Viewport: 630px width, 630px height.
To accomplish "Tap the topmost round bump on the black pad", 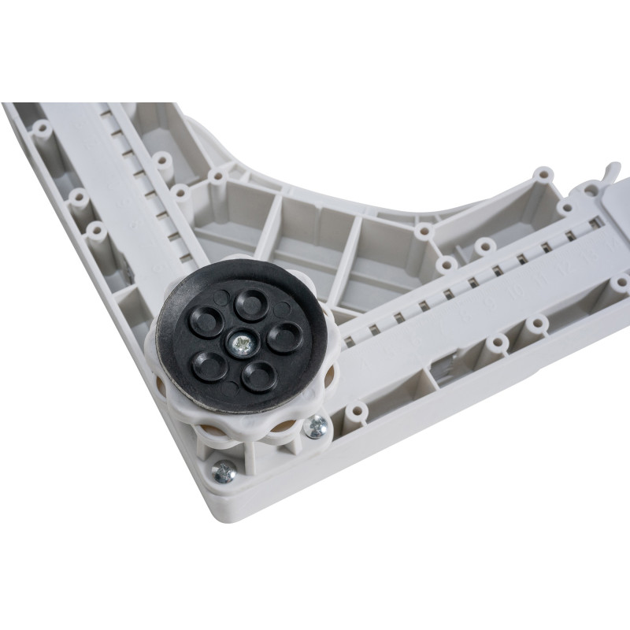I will click(x=252, y=303).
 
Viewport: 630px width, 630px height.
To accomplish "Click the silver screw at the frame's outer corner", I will click(x=224, y=472).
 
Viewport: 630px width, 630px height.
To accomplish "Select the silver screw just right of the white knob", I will click(x=317, y=426).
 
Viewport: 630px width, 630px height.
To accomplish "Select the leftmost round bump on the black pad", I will click(x=207, y=321).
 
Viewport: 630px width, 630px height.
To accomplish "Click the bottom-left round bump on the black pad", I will click(x=211, y=366).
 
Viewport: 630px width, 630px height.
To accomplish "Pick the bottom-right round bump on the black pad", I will click(x=258, y=375).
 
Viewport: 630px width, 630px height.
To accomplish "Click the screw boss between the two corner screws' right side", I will click(x=357, y=412).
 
